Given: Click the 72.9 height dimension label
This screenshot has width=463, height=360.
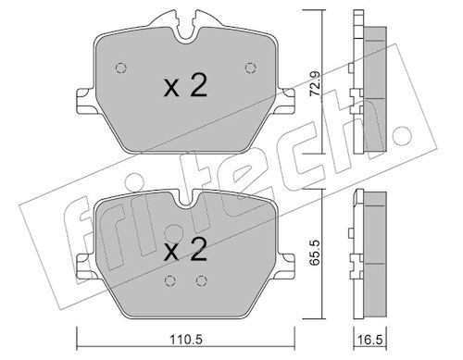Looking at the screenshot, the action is [315, 84].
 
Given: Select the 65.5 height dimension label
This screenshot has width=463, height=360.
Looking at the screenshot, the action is [315, 253].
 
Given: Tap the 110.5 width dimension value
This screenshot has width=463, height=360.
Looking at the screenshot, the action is [186, 340].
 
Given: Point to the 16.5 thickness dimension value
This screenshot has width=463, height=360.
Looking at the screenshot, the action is [369, 340].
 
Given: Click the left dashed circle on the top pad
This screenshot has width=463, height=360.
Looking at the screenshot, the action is [121, 68].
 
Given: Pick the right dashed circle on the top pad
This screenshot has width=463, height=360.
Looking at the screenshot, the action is [250, 68].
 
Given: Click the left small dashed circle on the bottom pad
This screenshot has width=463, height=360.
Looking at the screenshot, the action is [170, 280].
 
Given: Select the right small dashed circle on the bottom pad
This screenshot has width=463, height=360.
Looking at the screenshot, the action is [201, 280].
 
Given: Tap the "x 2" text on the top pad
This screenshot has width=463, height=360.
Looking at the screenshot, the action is [185, 87].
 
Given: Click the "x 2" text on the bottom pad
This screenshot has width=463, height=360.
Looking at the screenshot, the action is [185, 251].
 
